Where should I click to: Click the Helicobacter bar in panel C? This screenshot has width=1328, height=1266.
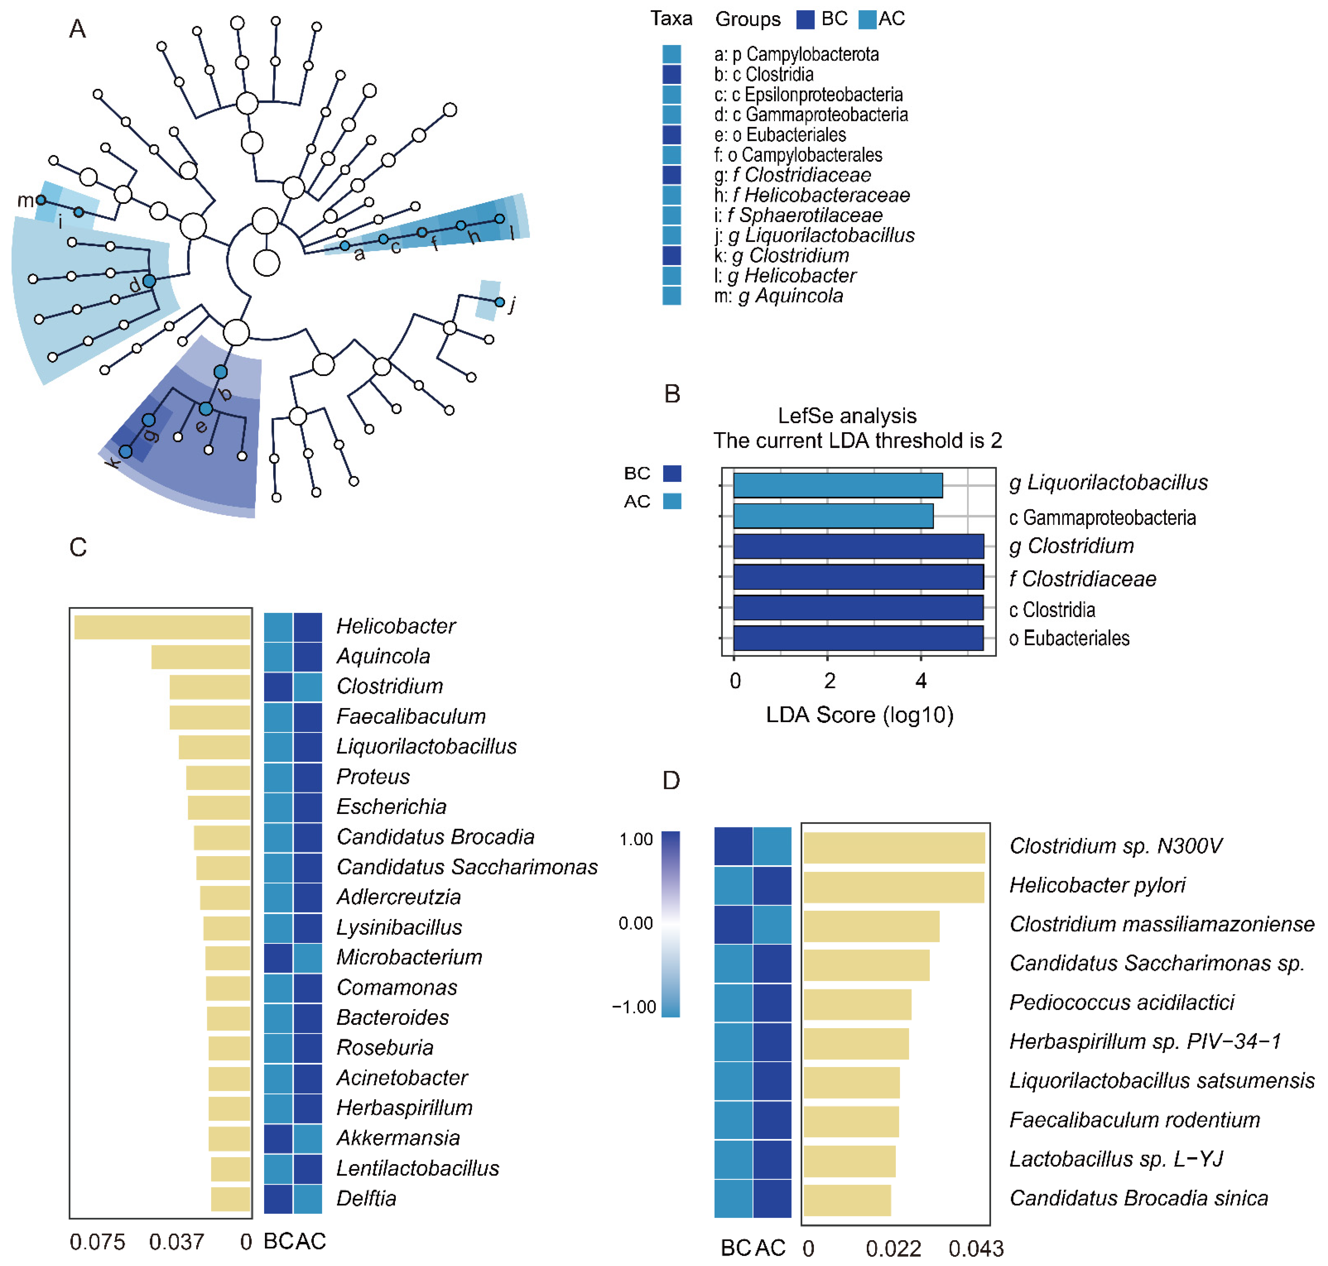tap(162, 627)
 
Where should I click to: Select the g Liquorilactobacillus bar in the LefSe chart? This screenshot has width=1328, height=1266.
tap(837, 485)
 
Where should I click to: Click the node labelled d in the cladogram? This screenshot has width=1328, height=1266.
tap(149, 281)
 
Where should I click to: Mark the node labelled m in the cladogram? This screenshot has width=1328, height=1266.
tap(41, 200)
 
